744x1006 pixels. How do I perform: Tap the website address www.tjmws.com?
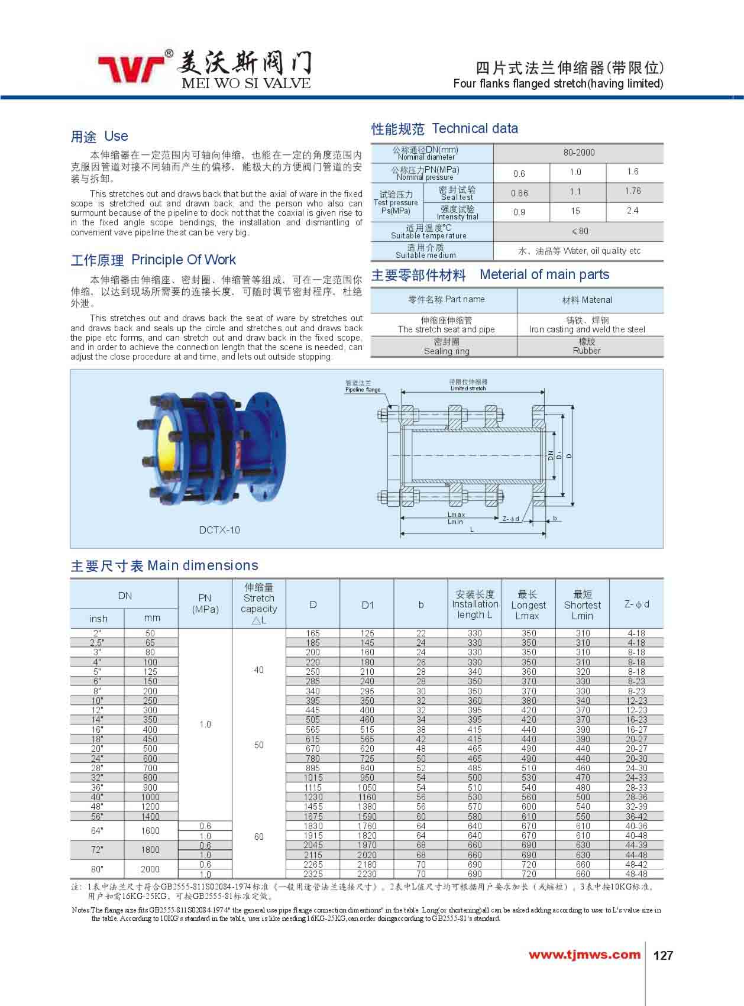point(584,955)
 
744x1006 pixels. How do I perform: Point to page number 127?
point(664,955)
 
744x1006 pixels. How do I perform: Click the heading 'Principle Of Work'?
point(183,260)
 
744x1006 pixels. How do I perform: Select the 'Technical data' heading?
point(475,128)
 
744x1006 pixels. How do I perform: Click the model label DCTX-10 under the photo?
point(219,530)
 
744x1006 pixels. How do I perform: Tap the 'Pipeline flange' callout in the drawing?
point(363,390)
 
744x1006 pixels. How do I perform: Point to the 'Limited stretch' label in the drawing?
point(468,389)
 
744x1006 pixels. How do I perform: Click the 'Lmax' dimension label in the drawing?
point(456,515)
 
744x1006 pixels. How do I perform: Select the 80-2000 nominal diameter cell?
point(578,153)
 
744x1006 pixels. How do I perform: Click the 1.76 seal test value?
point(632,191)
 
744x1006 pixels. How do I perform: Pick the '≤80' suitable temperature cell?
point(578,231)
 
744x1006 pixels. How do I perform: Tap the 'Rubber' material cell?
point(586,351)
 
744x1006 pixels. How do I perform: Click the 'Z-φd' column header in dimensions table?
point(636,604)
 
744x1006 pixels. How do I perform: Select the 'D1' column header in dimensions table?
point(367,604)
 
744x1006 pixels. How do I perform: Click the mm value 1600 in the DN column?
point(150,830)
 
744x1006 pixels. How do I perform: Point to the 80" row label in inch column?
point(97,869)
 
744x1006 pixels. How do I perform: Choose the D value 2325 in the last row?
point(313,874)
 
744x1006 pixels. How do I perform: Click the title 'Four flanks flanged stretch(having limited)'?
point(558,83)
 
